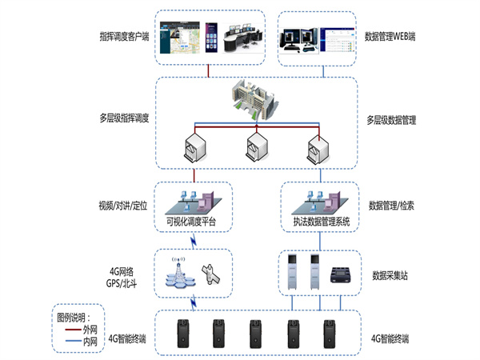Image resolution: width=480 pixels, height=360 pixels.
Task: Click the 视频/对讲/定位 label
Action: click(x=120, y=205)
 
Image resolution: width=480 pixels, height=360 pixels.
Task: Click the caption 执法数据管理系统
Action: click(x=317, y=221)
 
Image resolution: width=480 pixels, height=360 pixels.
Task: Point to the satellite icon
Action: click(x=210, y=274)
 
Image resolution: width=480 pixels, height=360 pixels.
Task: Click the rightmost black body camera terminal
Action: click(x=329, y=334)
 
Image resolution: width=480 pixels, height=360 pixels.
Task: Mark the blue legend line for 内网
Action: click(x=72, y=339)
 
